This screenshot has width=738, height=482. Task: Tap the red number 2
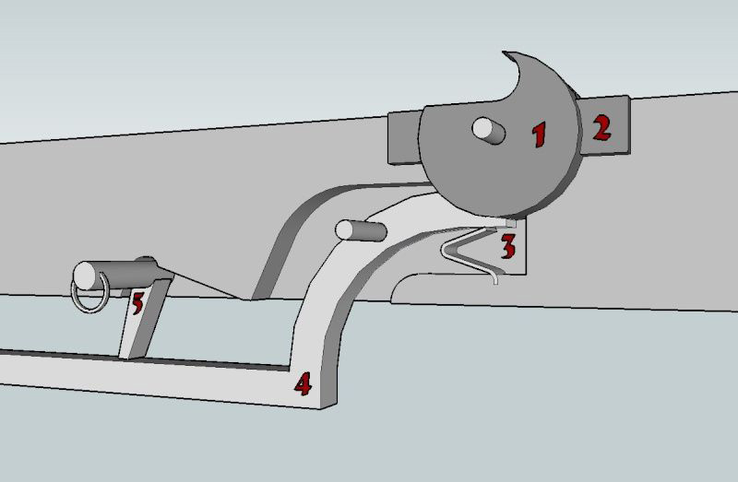coord(601,126)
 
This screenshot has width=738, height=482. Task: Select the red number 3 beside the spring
coord(508,246)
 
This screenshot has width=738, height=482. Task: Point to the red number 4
coord(302,382)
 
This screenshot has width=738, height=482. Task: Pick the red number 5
coord(137,302)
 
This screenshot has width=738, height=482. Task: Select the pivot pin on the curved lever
coord(354,229)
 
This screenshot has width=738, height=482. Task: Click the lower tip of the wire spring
coord(495,280)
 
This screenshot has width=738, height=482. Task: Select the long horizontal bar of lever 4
coord(138,372)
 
